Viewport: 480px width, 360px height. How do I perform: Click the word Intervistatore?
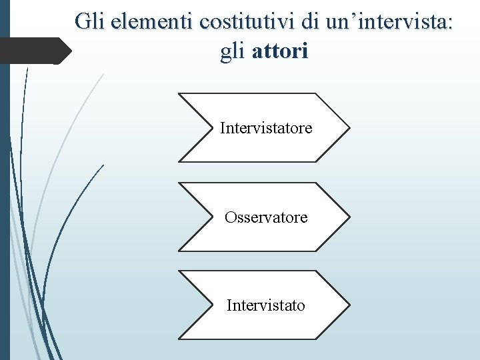coord(266,127)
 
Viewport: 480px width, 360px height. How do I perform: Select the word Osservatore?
coord(266,217)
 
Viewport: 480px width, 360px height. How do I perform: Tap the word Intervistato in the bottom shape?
coord(266,305)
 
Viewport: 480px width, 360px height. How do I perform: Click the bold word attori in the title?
coord(281,52)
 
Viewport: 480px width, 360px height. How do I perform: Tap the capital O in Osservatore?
coord(231,217)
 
